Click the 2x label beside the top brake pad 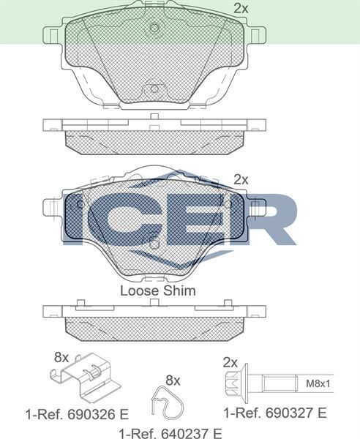point(241,9)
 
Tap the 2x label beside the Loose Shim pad point(241,179)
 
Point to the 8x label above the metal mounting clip point(61,358)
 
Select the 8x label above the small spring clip point(173,380)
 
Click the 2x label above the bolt point(230,362)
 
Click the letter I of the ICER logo point(76,218)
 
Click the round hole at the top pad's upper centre point(154,29)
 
